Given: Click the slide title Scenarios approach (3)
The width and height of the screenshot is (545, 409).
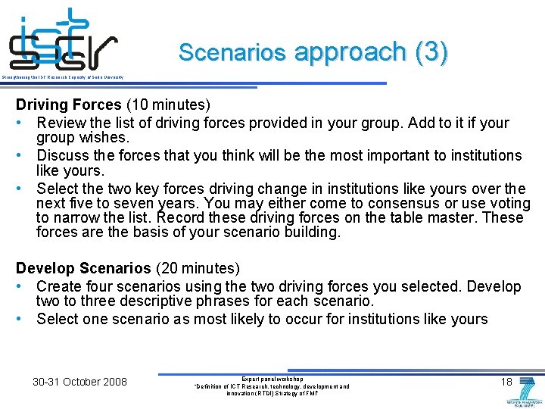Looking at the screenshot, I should (313, 52).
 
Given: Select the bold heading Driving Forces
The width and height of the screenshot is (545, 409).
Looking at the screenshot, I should (69, 105).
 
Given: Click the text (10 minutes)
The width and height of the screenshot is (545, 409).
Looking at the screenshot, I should (168, 105).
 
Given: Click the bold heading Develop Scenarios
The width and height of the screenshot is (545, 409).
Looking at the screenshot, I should (84, 268).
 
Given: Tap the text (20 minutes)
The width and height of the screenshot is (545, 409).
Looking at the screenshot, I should (198, 268).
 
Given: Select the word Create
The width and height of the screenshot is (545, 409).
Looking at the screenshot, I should (58, 286).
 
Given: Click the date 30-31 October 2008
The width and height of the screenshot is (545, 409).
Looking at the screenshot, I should (79, 381).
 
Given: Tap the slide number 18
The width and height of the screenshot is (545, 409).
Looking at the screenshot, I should (507, 382).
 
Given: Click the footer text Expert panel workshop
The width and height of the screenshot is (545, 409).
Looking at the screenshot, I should (272, 378).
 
